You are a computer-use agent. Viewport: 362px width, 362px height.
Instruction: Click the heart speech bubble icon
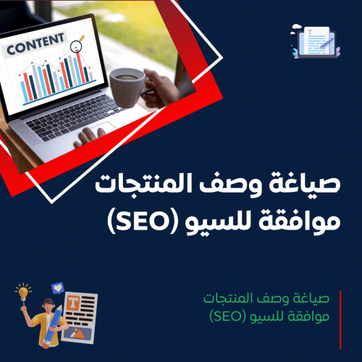coord(58,287)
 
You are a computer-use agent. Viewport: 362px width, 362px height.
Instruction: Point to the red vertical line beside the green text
coord(340,308)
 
